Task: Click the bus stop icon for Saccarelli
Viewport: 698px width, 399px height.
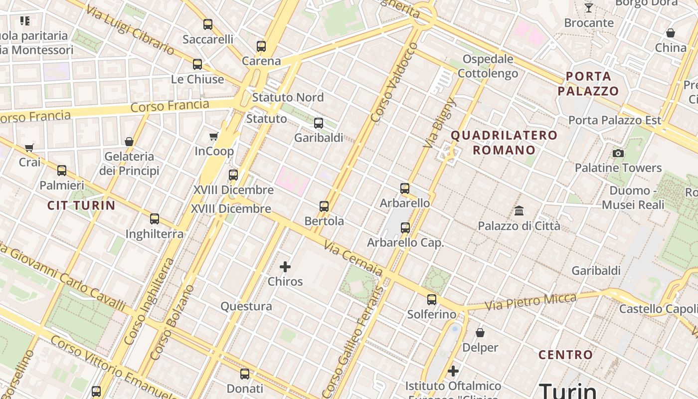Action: click(x=208, y=24)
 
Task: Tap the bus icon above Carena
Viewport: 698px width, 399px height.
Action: click(x=261, y=46)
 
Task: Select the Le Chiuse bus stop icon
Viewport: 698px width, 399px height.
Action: click(x=197, y=64)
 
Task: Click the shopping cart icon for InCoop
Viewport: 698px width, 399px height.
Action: click(x=214, y=136)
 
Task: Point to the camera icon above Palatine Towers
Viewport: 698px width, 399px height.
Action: click(x=618, y=153)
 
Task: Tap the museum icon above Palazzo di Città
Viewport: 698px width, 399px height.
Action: click(x=519, y=210)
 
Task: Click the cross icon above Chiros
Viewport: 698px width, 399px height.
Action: click(x=285, y=267)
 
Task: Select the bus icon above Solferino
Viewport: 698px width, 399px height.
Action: click(x=432, y=300)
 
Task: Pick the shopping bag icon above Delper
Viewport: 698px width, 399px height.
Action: click(x=480, y=332)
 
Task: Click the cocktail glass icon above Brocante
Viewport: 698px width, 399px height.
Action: click(x=589, y=7)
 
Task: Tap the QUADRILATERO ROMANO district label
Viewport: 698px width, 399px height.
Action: click(x=504, y=143)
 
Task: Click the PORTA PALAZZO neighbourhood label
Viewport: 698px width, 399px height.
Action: click(x=588, y=84)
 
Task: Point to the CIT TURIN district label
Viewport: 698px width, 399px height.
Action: click(x=81, y=205)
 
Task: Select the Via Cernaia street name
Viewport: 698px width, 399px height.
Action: click(x=353, y=258)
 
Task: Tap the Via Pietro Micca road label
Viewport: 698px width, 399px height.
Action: click(x=530, y=301)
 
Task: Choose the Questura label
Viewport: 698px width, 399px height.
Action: click(x=246, y=306)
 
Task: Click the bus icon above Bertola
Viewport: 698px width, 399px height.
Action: click(x=324, y=206)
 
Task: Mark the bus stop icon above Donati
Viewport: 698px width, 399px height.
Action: click(x=245, y=374)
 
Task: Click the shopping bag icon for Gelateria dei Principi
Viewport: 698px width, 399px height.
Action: click(x=129, y=142)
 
